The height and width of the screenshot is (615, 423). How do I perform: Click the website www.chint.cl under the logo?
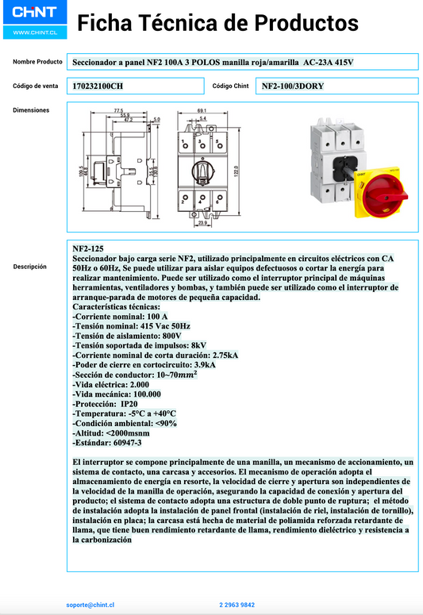34,33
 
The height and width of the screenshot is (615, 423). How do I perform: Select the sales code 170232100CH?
98,85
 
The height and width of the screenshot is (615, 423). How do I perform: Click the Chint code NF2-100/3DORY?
293,85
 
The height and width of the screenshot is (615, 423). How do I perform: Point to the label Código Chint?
231,85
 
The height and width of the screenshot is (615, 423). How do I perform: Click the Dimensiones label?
31,110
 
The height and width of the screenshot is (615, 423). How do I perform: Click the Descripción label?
30,267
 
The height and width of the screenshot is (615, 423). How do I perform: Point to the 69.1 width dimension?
202,110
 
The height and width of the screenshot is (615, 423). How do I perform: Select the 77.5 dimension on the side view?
118,110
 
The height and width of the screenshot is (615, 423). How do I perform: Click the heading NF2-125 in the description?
87,248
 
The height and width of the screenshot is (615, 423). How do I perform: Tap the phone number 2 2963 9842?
236,605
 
